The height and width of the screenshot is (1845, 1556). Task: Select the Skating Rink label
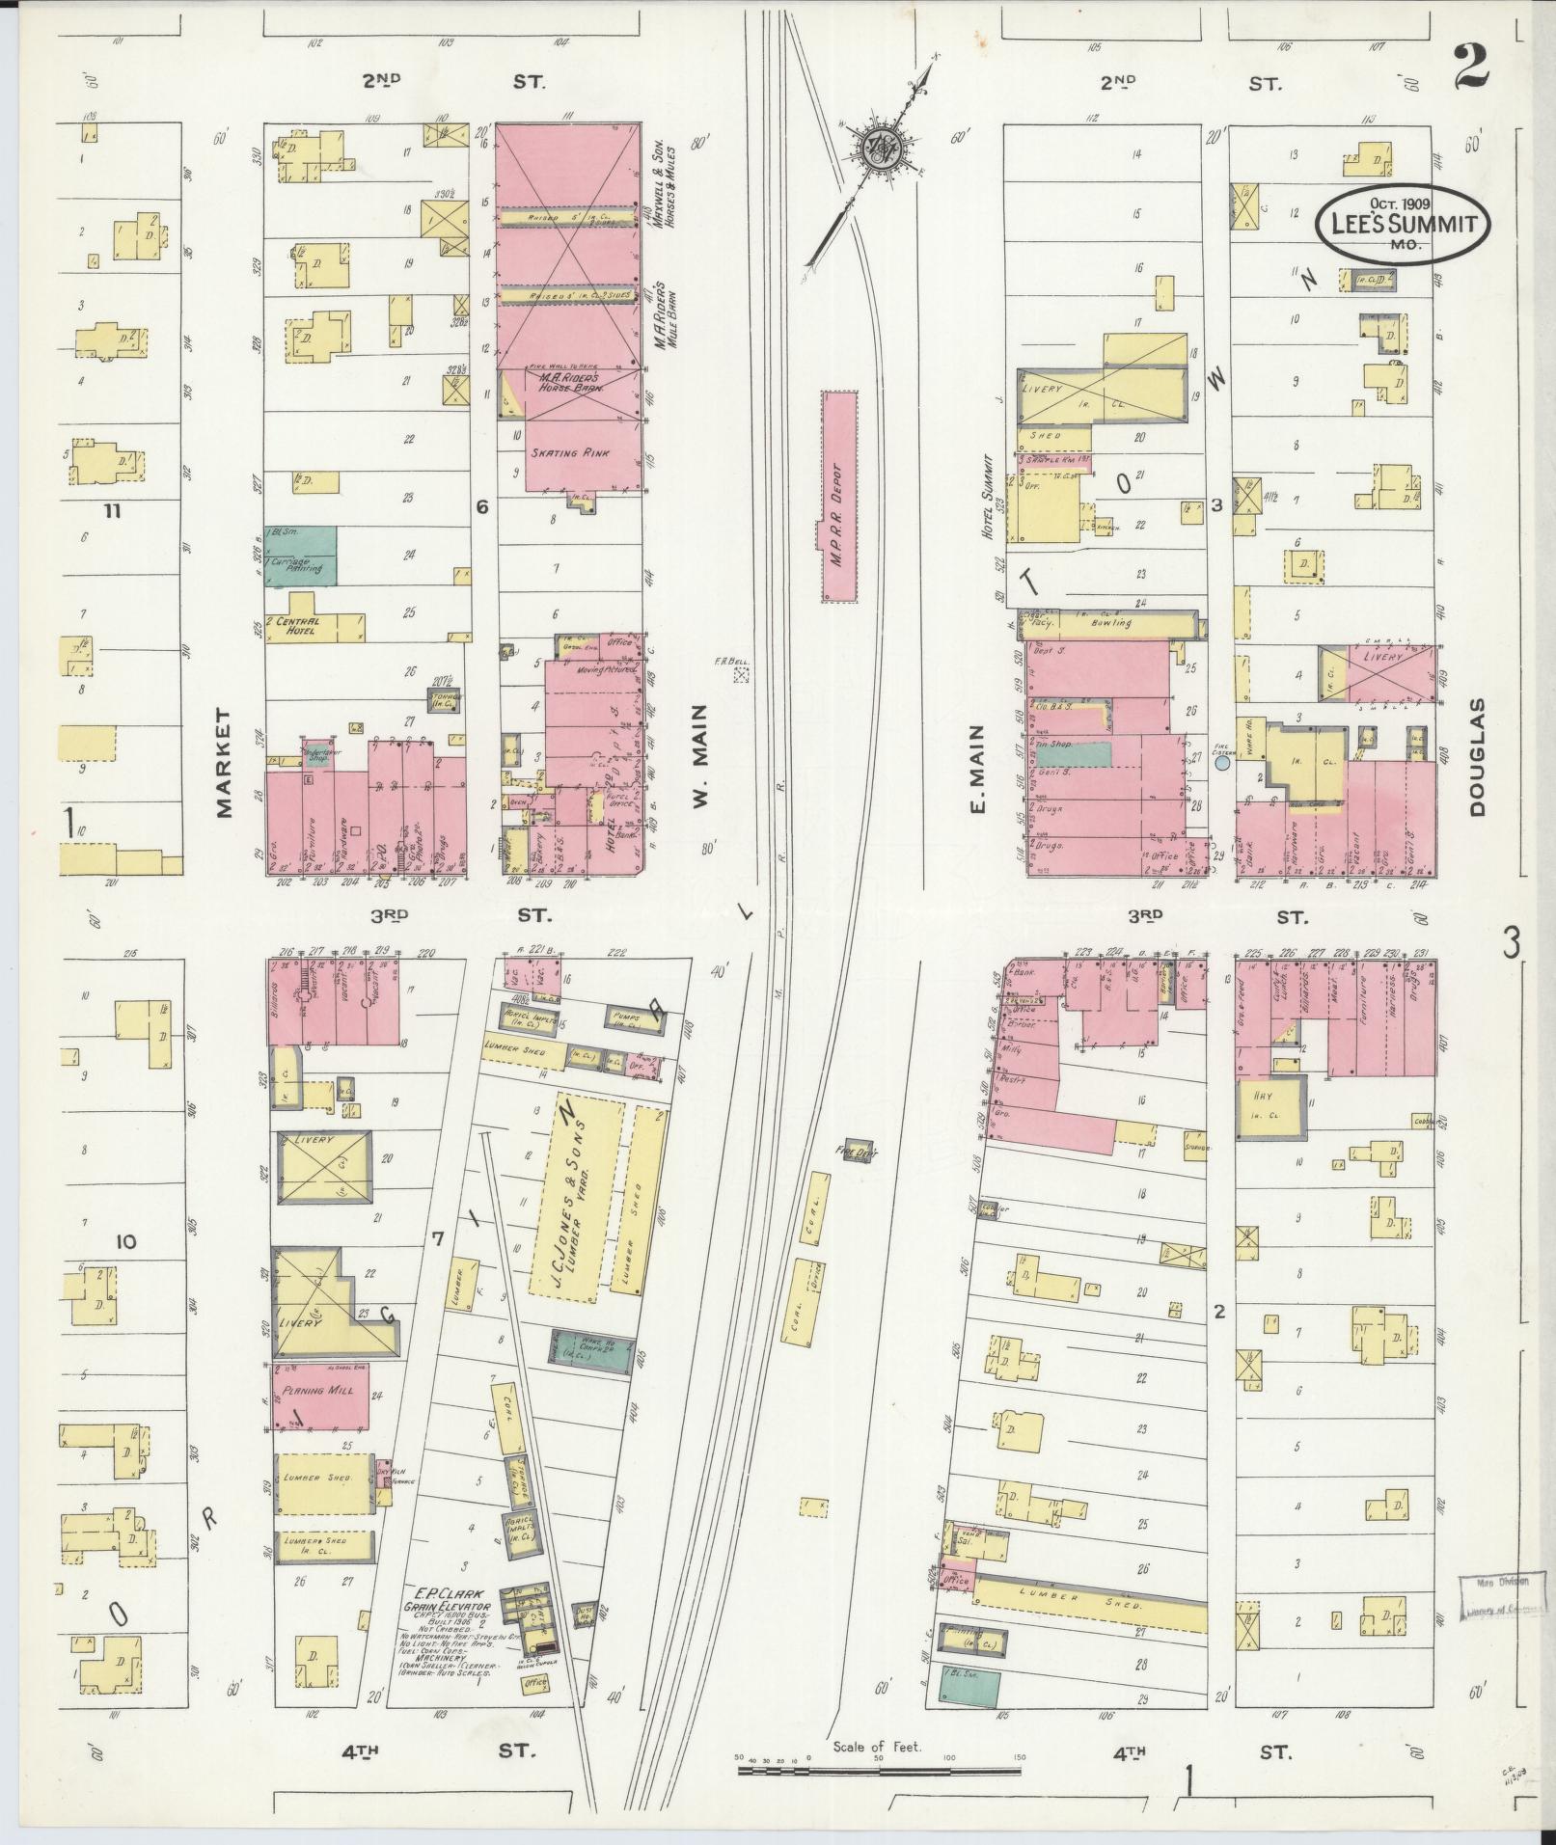pos(569,452)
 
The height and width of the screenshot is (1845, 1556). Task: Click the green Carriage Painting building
pos(301,556)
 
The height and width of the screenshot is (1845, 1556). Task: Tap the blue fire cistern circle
pos(1221,763)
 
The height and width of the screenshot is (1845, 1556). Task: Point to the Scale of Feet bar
pos(878,1771)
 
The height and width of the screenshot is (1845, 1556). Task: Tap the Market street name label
pos(226,762)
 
